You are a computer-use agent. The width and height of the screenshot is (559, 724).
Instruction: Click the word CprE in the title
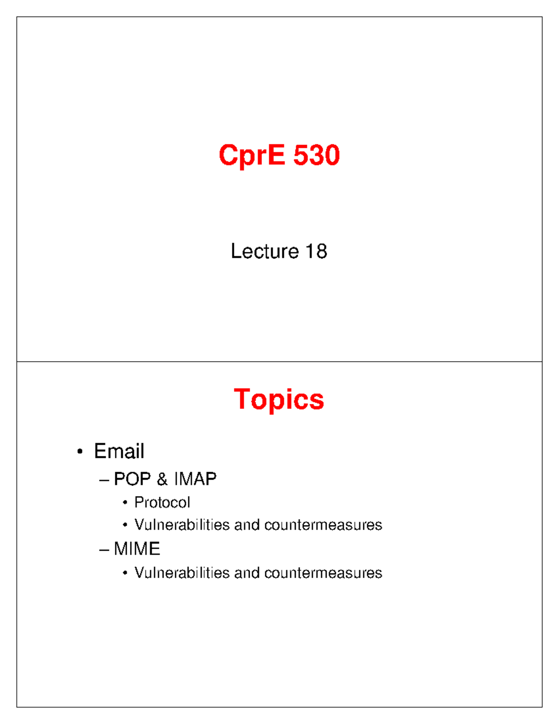[252, 155]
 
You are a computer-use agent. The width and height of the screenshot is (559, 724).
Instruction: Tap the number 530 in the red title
[316, 155]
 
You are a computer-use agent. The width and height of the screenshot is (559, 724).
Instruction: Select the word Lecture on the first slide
[265, 251]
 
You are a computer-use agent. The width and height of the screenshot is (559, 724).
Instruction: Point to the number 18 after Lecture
[316, 251]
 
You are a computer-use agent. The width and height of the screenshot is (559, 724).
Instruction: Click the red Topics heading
[279, 400]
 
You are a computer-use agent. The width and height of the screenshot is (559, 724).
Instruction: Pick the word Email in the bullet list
[119, 451]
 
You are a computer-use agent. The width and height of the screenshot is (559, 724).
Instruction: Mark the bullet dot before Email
[80, 452]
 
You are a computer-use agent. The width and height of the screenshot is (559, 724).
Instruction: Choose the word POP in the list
[132, 479]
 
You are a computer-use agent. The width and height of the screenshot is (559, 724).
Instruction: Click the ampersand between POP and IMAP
[162, 479]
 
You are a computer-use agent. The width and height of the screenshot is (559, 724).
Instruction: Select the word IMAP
[195, 479]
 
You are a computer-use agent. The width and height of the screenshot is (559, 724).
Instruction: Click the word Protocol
[162, 503]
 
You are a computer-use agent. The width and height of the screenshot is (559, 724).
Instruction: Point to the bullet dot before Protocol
[125, 503]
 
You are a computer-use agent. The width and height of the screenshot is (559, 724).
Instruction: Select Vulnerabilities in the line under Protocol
[182, 525]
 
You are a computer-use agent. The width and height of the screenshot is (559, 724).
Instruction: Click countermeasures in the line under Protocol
[323, 525]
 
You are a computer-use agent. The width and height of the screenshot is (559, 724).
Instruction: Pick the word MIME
[137, 549]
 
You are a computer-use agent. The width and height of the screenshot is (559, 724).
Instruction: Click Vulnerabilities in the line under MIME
[182, 573]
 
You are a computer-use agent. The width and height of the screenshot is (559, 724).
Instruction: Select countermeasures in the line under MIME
[323, 573]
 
